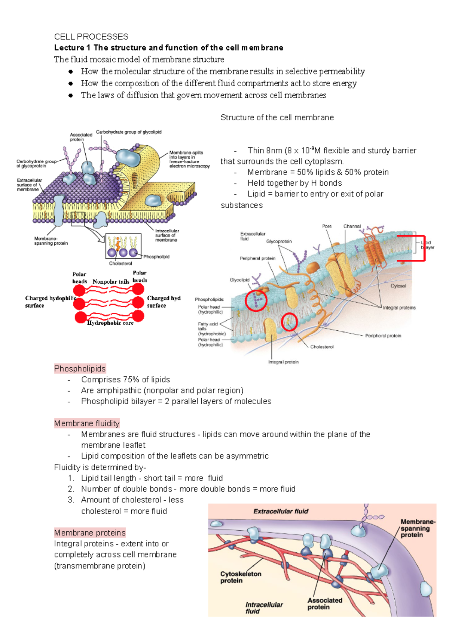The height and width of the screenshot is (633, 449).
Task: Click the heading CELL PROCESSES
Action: (91, 37)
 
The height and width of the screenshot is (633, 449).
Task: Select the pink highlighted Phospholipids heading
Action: (80, 369)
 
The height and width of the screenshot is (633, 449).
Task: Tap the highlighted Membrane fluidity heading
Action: (86, 423)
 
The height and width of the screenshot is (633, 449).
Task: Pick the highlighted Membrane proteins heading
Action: (90, 532)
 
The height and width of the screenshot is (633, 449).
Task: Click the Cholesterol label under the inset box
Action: (120, 263)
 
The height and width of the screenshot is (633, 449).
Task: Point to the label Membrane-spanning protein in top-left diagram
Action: (51, 241)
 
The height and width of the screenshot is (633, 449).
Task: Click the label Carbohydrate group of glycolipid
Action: (129, 132)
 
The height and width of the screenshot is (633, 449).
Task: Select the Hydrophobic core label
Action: (110, 323)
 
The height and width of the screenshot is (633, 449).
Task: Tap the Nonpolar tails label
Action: (111, 282)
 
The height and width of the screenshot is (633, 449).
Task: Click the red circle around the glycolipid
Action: (256, 300)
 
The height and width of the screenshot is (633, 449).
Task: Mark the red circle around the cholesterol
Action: (289, 322)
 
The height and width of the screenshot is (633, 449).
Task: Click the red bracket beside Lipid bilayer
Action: (424, 248)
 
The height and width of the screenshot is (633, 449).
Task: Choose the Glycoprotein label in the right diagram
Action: (279, 241)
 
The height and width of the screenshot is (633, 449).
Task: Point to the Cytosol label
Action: (398, 286)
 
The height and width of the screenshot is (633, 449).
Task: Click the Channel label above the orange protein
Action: (352, 226)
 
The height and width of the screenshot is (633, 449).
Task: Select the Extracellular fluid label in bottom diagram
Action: (281, 511)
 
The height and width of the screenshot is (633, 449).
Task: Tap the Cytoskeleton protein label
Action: (241, 577)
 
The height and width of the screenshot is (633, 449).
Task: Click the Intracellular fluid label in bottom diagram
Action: (264, 608)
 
